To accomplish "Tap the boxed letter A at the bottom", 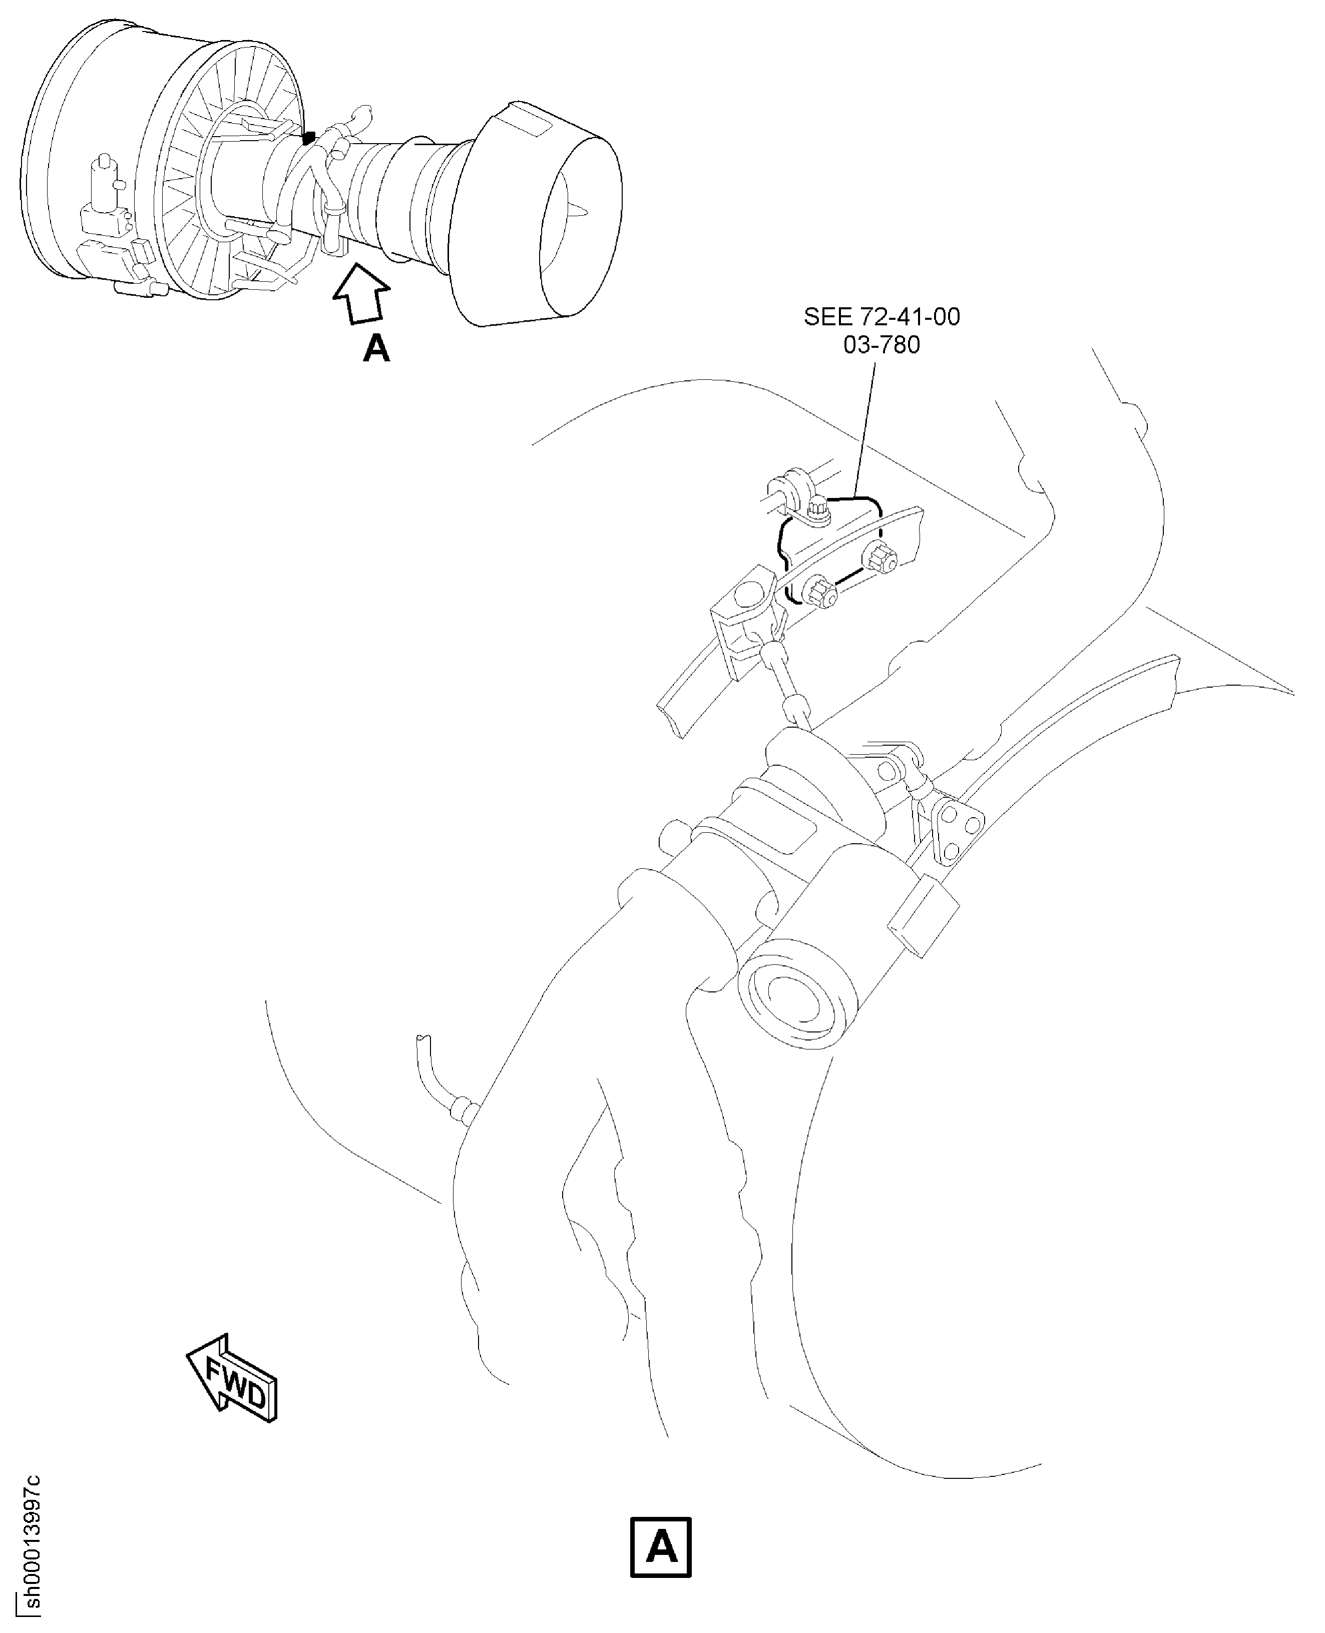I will [661, 1546].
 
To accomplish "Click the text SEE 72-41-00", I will [881, 317].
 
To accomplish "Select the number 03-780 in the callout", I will [881, 345].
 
